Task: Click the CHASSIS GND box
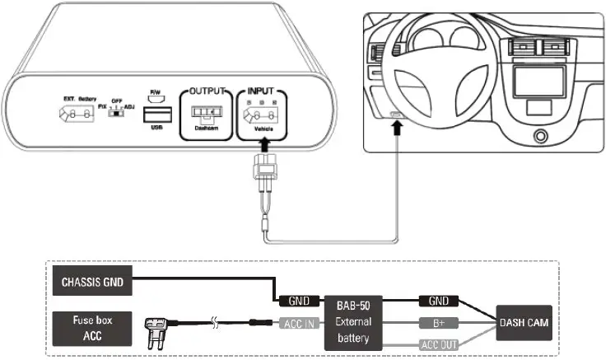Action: click(x=91, y=281)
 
